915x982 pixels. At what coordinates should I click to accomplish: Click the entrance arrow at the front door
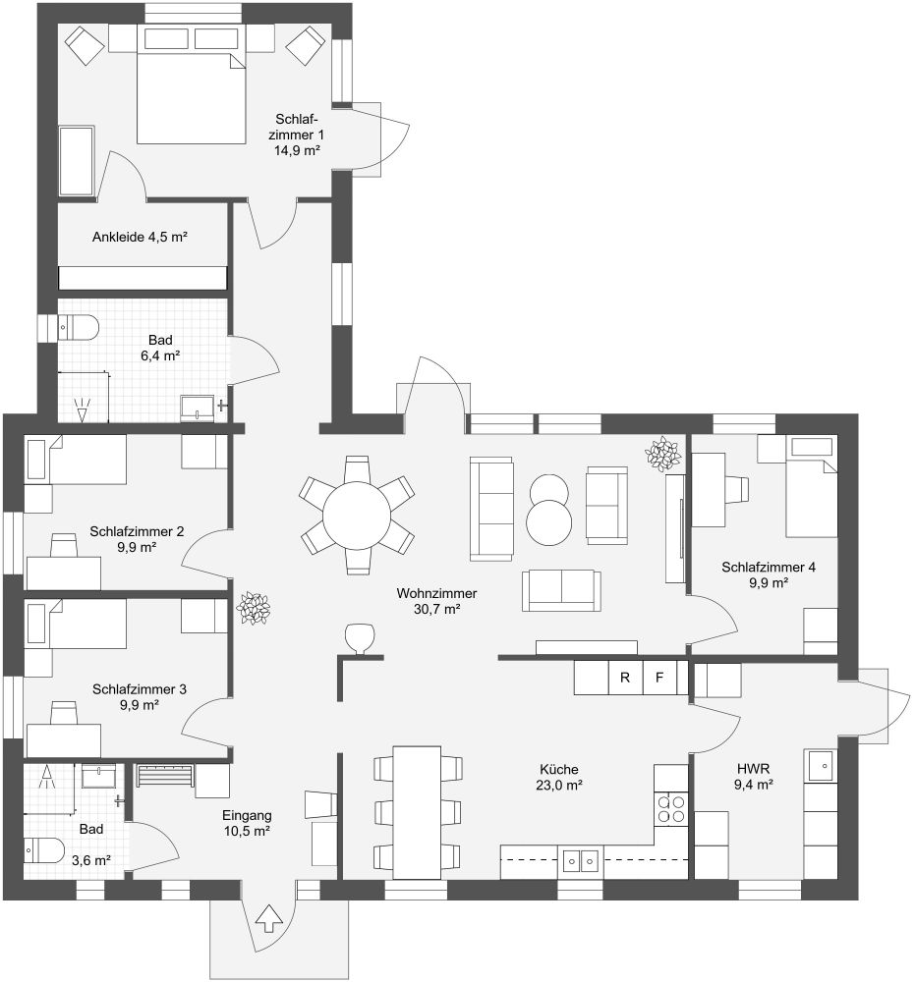[x=270, y=918]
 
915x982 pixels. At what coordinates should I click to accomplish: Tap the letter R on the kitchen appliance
[x=625, y=677]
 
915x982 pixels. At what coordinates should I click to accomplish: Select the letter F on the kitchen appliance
[x=659, y=677]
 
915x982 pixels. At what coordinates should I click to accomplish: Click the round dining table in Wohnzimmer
[x=357, y=516]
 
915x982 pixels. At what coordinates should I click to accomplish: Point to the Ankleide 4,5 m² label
[x=140, y=237]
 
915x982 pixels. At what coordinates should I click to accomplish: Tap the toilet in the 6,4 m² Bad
[x=79, y=328]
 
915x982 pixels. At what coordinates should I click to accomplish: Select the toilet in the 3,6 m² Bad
[x=44, y=849]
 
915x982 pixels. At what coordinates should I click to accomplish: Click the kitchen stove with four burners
[x=670, y=808]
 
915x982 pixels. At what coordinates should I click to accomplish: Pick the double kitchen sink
[x=580, y=861]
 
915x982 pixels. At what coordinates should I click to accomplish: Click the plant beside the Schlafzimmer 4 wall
[x=663, y=454]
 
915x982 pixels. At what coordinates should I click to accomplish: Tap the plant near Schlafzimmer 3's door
[x=254, y=608]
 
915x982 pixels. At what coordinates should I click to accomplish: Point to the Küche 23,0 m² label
[x=559, y=777]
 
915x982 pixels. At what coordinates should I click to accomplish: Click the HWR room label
[x=753, y=769]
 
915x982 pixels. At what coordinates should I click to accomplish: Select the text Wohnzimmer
[x=436, y=593]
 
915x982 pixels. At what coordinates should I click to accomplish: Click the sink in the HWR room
[x=821, y=765]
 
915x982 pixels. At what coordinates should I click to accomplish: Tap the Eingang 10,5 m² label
[x=247, y=823]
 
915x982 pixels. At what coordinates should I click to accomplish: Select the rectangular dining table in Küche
[x=418, y=812]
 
